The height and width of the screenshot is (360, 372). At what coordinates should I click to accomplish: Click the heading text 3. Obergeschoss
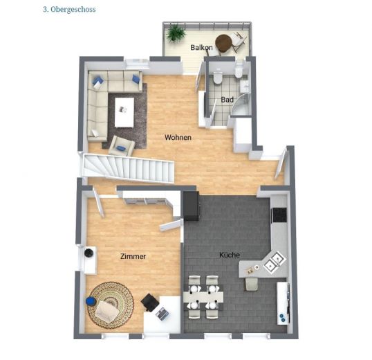click(x=68, y=10)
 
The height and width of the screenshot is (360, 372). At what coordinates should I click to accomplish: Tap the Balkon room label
click(x=201, y=48)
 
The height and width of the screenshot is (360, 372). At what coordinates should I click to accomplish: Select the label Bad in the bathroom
click(x=226, y=100)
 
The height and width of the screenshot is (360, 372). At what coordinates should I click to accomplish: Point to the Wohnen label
click(x=178, y=137)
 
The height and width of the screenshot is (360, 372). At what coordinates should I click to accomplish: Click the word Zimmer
click(x=133, y=256)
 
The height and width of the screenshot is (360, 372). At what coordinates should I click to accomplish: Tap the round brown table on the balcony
click(x=223, y=43)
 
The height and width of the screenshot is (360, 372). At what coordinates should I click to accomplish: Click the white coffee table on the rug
click(x=124, y=112)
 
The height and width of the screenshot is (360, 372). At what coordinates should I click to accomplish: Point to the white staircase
click(x=128, y=169)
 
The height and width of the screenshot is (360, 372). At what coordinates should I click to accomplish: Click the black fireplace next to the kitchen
click(x=190, y=206)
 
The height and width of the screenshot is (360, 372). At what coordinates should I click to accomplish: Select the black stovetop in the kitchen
click(x=279, y=215)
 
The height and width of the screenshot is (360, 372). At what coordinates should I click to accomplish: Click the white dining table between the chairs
click(x=203, y=296)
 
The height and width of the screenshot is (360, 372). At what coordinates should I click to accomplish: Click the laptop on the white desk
click(x=162, y=313)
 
